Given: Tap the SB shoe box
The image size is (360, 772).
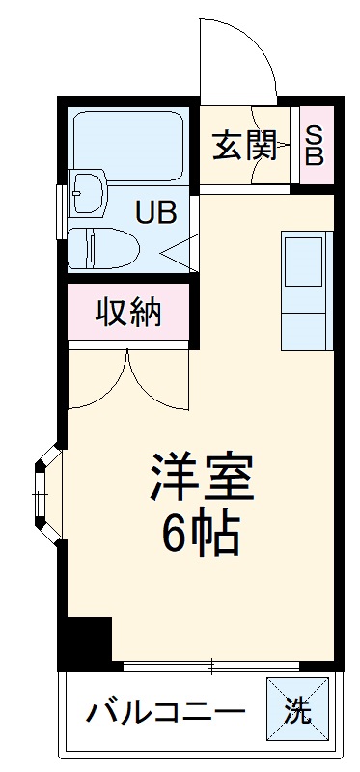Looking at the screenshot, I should point(314,145).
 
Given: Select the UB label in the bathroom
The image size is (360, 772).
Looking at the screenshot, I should point(154,212).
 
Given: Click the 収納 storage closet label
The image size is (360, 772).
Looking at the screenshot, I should point(128,313).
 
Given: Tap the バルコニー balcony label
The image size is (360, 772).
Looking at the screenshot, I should point(165,714).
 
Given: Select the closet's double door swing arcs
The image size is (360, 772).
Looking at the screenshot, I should point(131,381).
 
